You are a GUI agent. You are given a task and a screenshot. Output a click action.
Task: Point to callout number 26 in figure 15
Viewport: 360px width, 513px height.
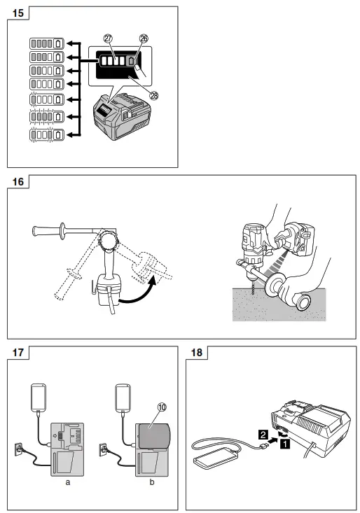tap(144, 39)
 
